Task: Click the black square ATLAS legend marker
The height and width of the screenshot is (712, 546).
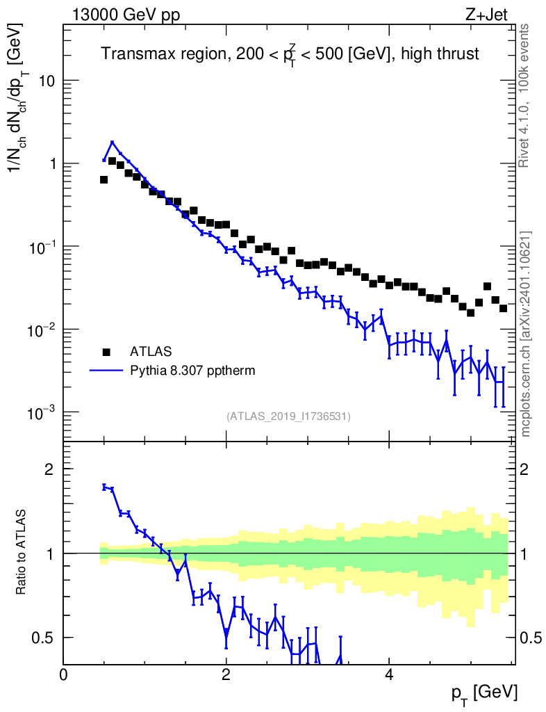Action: coord(106,351)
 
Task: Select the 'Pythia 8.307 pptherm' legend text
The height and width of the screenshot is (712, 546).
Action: coord(192,371)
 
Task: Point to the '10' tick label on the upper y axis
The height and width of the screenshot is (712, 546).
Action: coord(46,81)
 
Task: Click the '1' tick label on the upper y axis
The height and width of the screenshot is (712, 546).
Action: coord(51,164)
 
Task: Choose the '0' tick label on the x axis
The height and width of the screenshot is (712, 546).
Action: coord(64,674)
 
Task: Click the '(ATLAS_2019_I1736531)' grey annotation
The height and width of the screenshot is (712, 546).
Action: coord(288,416)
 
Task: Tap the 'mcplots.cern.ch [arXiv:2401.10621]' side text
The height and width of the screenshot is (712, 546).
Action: coord(526,334)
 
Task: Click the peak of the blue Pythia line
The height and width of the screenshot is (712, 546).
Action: coord(112,143)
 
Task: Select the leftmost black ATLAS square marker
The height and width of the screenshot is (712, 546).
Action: coord(104,179)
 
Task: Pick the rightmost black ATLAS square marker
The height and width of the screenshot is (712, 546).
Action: coord(503,307)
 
